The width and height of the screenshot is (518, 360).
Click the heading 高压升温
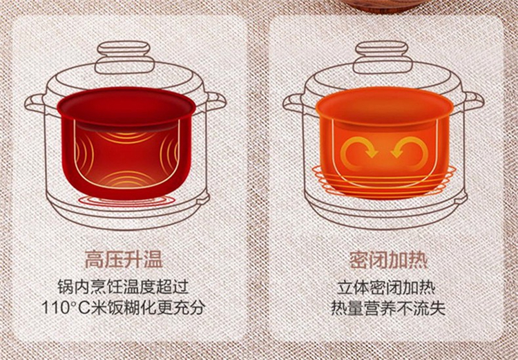pos(124,260)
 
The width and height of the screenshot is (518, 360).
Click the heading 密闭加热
pos(388,260)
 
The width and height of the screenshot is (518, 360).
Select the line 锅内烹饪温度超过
pos(123,287)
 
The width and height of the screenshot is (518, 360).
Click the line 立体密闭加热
pos(386,287)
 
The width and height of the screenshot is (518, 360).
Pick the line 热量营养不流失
pos(388,307)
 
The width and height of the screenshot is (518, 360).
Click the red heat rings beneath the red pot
pos(126,201)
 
